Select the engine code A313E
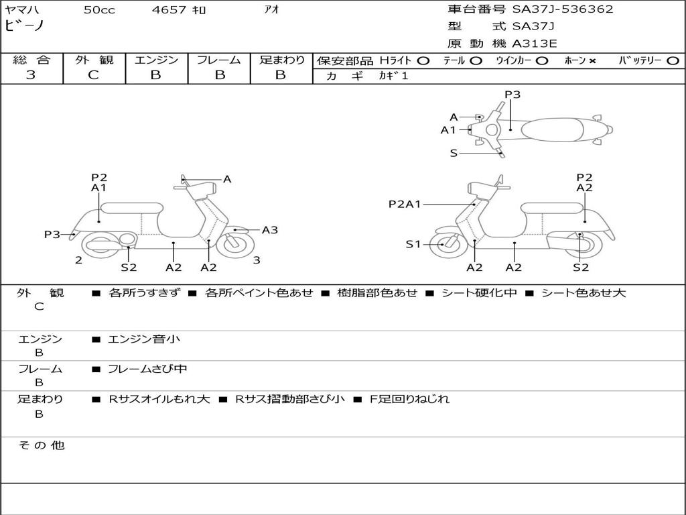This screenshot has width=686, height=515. (535, 44)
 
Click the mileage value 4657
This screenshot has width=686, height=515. (170, 10)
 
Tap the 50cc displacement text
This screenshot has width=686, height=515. (99, 10)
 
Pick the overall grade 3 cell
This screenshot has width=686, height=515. (31, 75)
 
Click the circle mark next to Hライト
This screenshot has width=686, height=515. (423, 60)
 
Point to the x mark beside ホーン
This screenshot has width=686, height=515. (592, 60)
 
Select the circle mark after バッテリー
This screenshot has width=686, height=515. (673, 60)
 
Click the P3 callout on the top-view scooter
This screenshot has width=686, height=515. (512, 95)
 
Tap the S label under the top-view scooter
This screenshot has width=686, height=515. (454, 153)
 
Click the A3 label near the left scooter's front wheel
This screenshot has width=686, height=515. (270, 230)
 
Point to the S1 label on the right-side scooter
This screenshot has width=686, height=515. (413, 244)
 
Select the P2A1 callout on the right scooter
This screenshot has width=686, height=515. (405, 204)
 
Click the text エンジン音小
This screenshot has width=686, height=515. (144, 339)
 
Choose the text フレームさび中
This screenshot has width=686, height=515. (147, 369)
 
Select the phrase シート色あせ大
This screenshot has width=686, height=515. (583, 293)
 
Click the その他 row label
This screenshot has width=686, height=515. (41, 445)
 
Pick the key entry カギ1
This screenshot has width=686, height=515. (393, 76)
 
